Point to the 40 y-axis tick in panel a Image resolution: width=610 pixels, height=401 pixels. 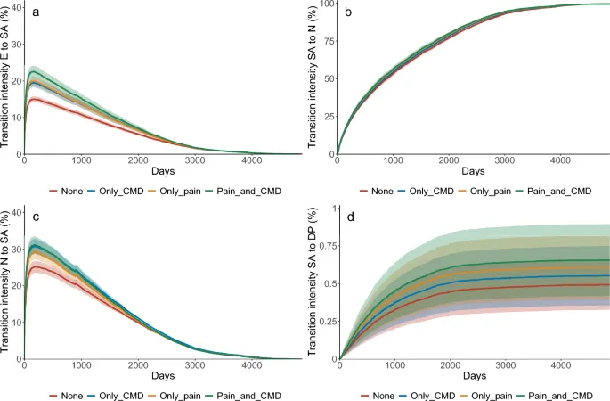point(14,8)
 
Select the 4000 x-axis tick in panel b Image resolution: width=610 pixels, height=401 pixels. point(560,160)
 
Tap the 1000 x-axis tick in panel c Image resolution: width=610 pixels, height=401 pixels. point(81,365)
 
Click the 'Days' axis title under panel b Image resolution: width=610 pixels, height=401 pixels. point(472,171)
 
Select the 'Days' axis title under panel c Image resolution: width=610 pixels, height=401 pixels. point(163,376)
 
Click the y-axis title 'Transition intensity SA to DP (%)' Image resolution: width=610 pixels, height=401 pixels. point(313,283)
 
